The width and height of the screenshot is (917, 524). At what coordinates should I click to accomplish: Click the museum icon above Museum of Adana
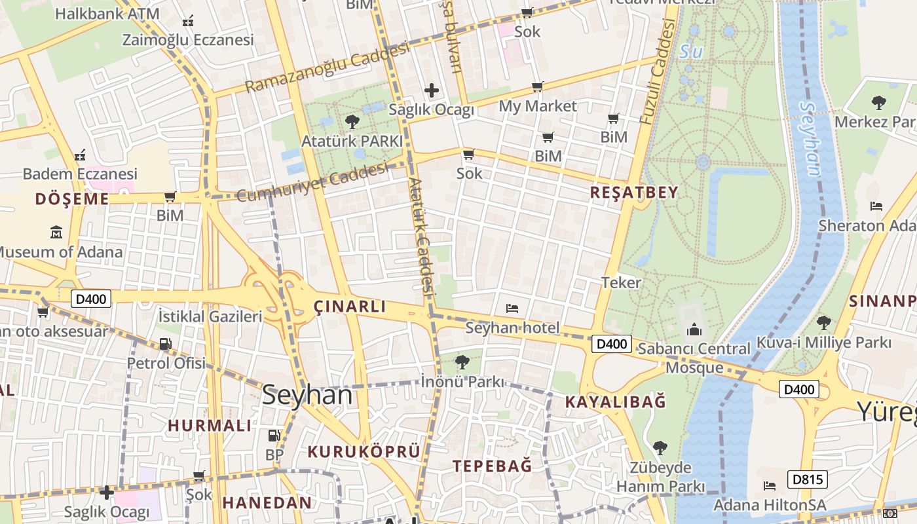(x=56, y=232)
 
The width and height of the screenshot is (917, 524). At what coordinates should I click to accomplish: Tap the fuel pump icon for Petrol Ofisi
(x=166, y=343)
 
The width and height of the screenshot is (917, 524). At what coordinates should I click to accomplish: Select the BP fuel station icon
(x=274, y=435)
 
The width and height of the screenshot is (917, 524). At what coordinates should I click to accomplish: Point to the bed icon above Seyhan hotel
(x=512, y=308)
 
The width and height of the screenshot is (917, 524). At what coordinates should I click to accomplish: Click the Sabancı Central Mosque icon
(x=694, y=329)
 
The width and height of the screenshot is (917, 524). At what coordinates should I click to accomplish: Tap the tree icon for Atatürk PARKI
(x=352, y=121)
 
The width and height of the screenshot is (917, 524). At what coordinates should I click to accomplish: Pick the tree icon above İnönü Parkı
(x=462, y=361)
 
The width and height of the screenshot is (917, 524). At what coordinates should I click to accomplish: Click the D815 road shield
(x=807, y=479)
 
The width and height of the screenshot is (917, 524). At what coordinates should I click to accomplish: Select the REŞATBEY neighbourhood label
(x=634, y=192)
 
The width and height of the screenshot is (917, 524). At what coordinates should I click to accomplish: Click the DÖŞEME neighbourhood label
(x=72, y=199)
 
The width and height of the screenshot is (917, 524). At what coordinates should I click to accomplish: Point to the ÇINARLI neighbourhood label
(x=350, y=306)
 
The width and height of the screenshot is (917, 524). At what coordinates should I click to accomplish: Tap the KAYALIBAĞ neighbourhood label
(x=615, y=402)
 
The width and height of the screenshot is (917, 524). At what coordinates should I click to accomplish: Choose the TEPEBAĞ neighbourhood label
(x=493, y=466)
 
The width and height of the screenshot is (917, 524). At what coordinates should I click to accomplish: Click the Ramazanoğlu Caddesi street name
(x=327, y=67)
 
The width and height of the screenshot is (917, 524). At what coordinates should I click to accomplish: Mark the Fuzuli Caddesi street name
(x=658, y=72)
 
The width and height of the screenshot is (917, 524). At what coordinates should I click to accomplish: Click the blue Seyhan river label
(x=811, y=139)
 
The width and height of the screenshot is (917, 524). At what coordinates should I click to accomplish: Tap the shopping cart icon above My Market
(x=538, y=86)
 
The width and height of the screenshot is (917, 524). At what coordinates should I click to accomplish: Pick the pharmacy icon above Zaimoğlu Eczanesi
(x=188, y=21)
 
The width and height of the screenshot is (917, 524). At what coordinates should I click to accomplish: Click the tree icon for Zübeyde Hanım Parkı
(x=660, y=448)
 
